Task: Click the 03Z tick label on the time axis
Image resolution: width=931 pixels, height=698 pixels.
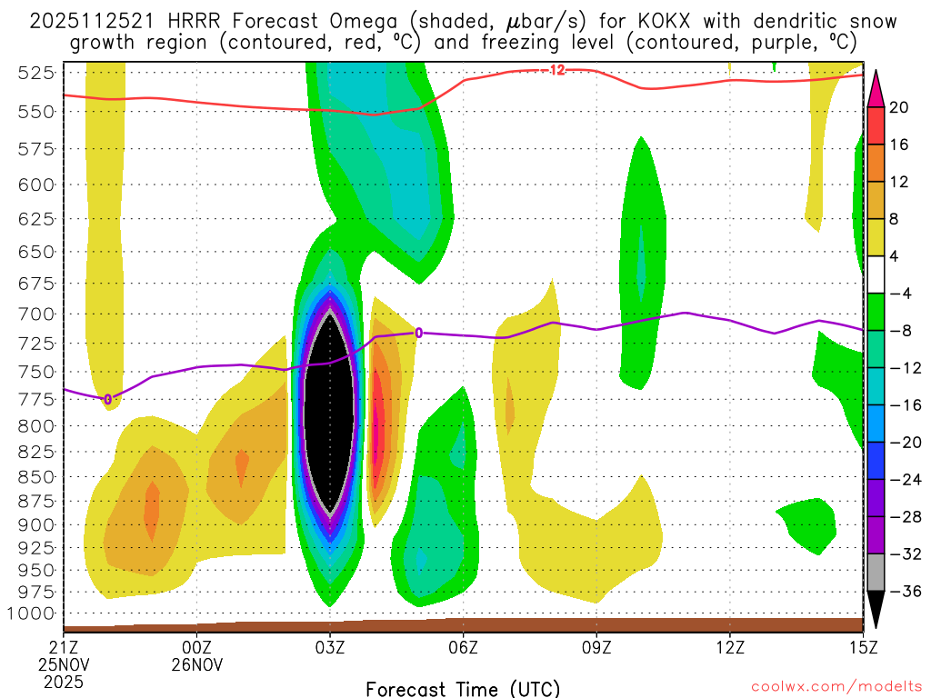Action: (330, 647)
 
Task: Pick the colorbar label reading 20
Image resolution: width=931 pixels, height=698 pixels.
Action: (899, 107)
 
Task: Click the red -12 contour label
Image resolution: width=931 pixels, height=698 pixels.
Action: (556, 70)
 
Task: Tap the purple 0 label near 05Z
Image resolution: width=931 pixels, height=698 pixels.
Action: (418, 333)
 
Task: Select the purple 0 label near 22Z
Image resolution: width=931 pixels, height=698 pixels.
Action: (107, 399)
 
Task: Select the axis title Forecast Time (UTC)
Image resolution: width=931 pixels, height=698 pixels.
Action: (463, 688)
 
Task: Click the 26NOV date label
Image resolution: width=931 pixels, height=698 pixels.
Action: (198, 663)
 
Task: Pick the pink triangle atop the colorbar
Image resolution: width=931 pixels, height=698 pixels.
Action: (876, 83)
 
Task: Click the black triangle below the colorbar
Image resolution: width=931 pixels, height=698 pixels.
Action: (876, 615)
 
